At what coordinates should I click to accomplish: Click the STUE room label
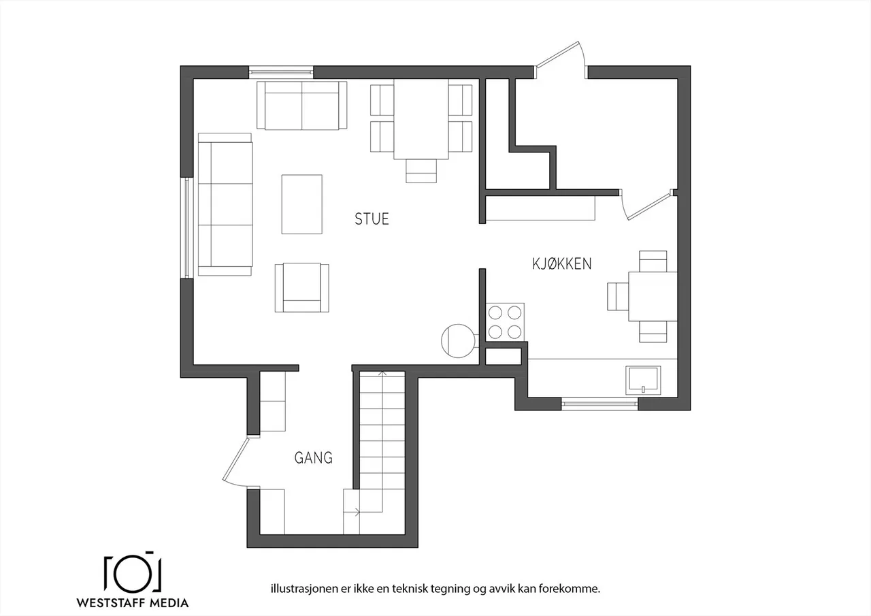coord(372,219)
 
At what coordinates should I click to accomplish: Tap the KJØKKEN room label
coord(561,264)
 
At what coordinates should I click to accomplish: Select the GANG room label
coord(314,458)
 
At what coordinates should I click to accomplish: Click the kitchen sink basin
coord(643,379)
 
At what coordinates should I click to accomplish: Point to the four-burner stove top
coord(505,322)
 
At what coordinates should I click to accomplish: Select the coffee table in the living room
coord(301,204)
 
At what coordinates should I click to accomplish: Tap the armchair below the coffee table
coord(301,288)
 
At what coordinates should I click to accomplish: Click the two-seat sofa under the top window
coord(301,106)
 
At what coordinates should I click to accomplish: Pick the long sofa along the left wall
coord(225,204)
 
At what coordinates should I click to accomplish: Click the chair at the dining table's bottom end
coord(421,171)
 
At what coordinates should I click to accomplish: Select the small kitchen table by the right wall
coord(653,296)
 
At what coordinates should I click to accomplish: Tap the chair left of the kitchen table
coord(617,297)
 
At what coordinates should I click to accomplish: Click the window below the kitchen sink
coord(599,403)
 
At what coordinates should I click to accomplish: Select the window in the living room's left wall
coord(186,228)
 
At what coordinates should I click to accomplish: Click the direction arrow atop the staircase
coord(382,373)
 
